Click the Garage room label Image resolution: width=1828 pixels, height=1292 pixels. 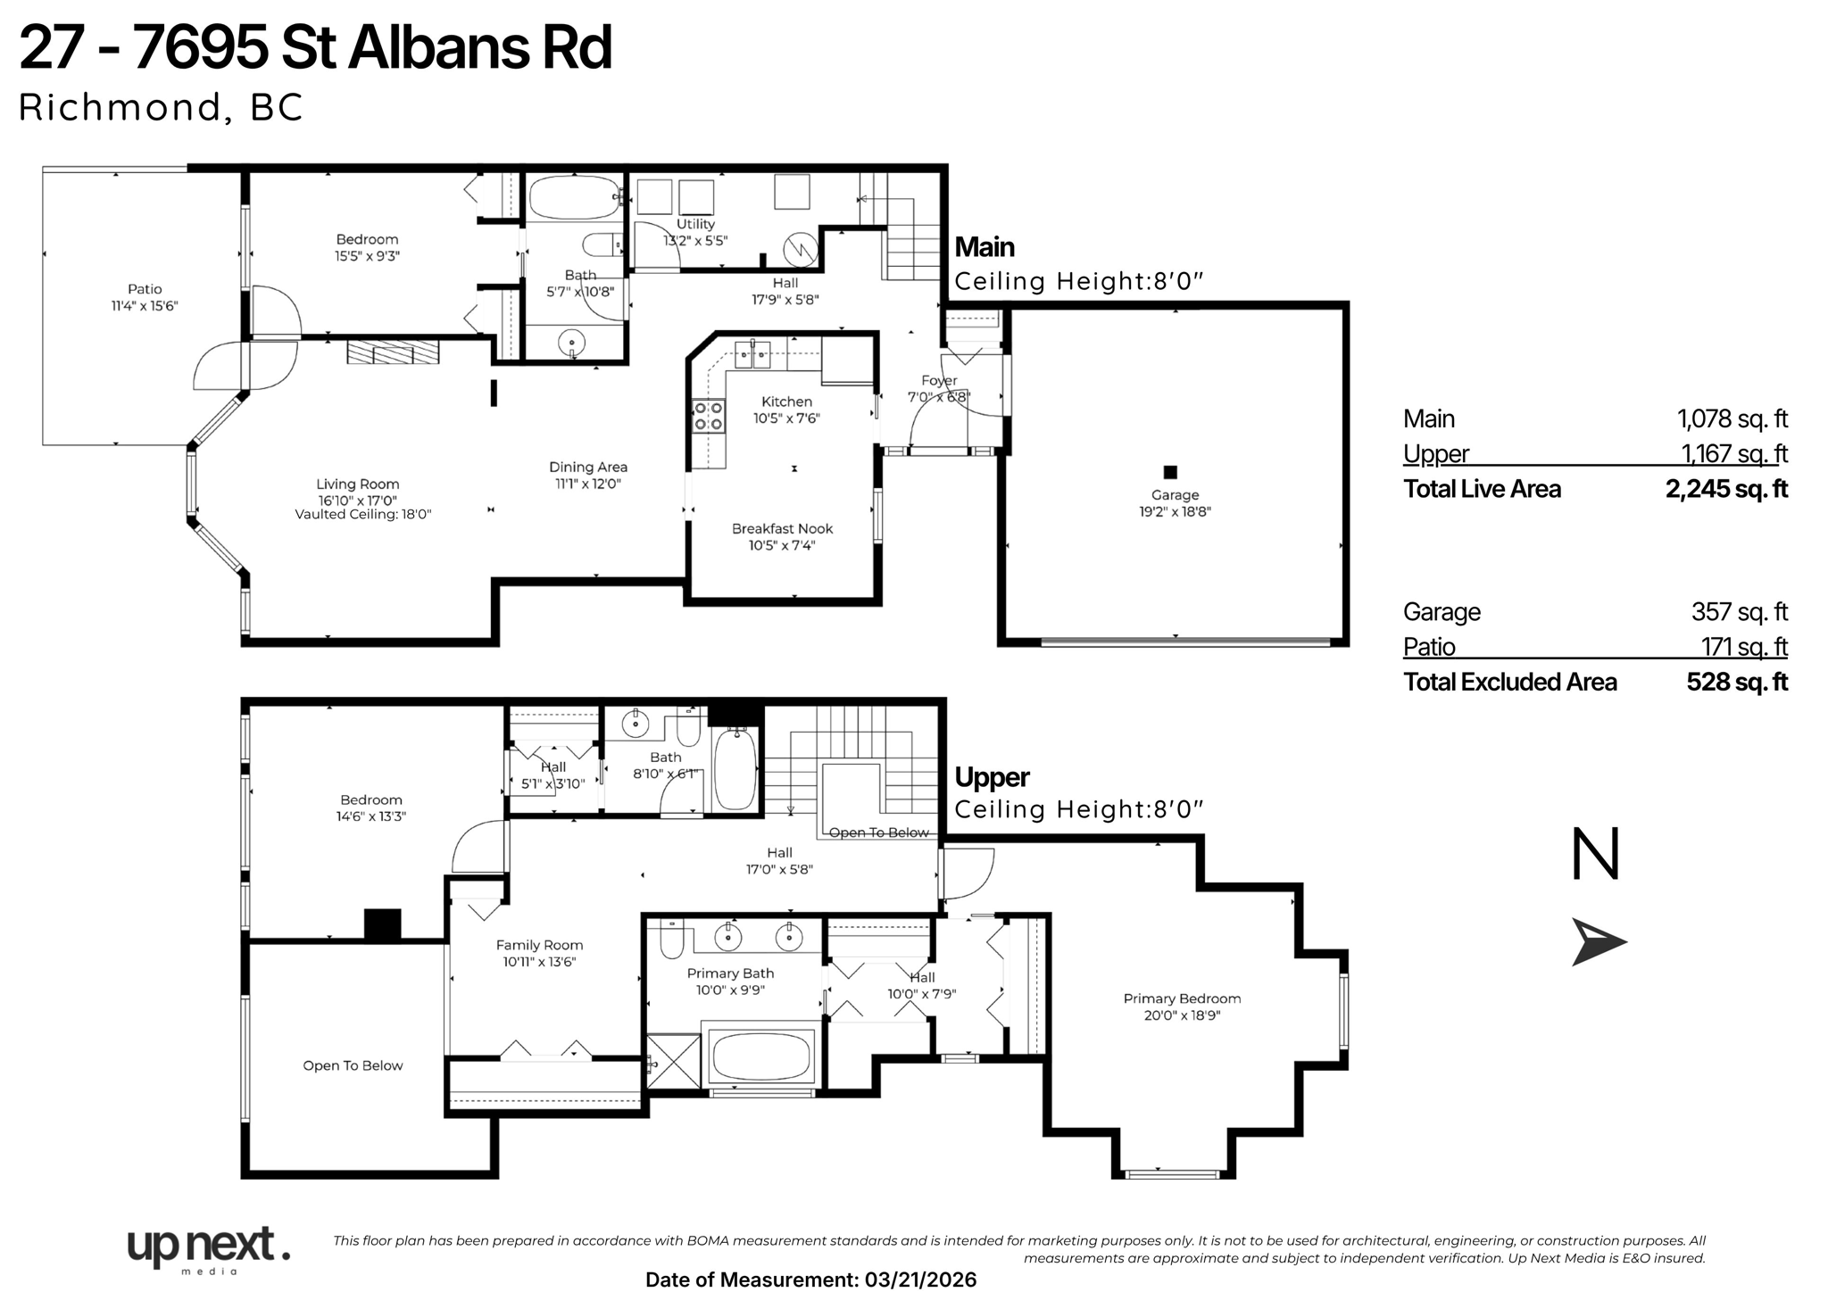pos(1175,495)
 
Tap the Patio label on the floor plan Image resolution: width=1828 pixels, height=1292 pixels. pos(145,289)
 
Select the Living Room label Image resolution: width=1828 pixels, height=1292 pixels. pos(357,484)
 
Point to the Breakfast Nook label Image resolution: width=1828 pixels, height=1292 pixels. pos(782,529)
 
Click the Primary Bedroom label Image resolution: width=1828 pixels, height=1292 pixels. pos(1182,998)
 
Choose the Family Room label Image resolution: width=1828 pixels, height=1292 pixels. pos(539,945)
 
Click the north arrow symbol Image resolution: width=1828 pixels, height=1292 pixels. pos(1598,942)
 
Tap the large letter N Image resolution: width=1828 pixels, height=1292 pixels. pos(1595,855)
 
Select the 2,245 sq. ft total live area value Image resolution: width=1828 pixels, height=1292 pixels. pos(1726,489)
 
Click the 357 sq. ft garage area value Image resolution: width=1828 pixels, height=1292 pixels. pos(1739,612)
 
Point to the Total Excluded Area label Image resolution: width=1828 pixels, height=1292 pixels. pos(1509,683)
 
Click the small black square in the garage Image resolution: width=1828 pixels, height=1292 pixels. pos(1170,472)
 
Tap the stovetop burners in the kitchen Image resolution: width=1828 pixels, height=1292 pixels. pos(709,416)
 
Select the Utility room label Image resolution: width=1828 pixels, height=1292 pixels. pos(695,225)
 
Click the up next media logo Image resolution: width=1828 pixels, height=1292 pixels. pos(208,1247)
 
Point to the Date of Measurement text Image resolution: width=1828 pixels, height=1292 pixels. pos(810,1280)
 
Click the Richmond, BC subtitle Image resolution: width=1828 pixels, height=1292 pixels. pos(161,107)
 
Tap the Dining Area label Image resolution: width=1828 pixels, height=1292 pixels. pos(587,467)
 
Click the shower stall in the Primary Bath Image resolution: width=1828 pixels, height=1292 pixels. pos(673,1060)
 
